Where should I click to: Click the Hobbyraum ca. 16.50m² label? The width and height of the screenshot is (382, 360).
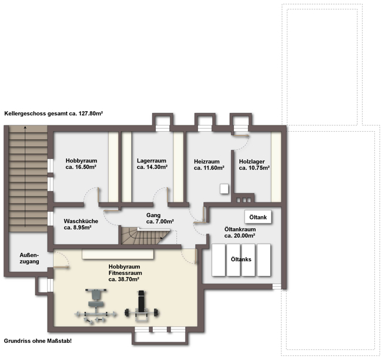(81, 164)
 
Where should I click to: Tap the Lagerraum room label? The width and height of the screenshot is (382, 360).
(152, 164)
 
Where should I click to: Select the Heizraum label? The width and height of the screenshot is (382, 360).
(209, 165)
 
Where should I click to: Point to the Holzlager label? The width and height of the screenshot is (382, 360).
(254, 165)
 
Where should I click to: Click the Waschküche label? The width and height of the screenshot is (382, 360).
(81, 224)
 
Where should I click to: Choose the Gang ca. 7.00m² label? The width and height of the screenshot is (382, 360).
(160, 218)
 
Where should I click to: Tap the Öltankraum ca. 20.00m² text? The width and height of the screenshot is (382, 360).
(240, 232)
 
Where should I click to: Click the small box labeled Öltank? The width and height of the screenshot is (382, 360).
(258, 217)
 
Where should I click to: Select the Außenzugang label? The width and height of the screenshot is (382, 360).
(29, 258)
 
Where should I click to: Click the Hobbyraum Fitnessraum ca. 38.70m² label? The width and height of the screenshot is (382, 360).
(125, 273)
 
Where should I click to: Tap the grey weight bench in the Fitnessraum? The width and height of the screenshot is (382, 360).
(96, 306)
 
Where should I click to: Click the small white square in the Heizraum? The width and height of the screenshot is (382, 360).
(224, 189)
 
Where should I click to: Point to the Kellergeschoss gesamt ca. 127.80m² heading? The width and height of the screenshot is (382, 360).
(53, 114)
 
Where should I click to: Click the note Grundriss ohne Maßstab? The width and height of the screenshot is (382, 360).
(38, 341)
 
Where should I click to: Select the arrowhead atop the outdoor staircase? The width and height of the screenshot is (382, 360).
(25, 127)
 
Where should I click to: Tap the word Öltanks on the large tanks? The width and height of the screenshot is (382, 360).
(241, 259)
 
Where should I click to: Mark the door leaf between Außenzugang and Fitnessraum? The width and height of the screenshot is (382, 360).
(61, 268)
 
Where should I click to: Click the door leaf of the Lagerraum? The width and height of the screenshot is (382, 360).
(167, 195)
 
